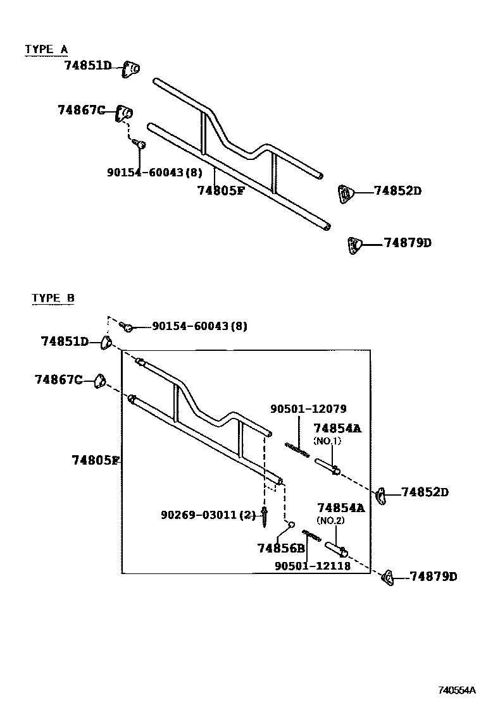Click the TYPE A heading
(46, 49)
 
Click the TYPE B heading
(53, 298)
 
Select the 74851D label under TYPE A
(87, 65)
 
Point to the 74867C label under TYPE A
(81, 110)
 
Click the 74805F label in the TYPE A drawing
(220, 190)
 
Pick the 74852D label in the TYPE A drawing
(397, 190)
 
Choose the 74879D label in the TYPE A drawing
(407, 243)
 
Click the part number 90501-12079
(308, 409)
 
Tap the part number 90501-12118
(312, 566)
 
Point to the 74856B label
(281, 548)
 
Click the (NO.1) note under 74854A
(327, 441)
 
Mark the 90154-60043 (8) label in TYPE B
(199, 326)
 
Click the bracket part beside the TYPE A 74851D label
(131, 69)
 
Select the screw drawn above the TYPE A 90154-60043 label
(141, 145)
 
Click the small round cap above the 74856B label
(290, 524)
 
